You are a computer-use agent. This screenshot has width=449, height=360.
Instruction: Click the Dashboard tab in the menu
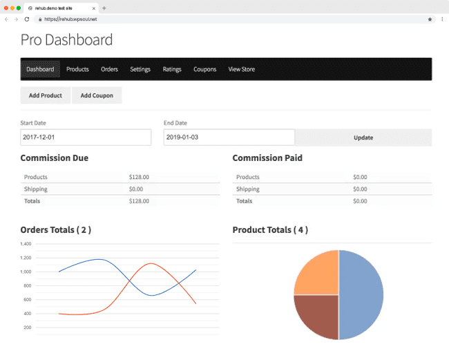tap(40, 69)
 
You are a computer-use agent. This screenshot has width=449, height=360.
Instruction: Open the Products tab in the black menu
tap(77, 69)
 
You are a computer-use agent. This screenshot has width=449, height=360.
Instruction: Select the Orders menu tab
tap(109, 69)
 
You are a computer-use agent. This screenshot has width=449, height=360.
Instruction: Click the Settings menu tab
tap(140, 69)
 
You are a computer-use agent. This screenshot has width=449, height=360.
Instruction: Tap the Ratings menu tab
tap(172, 69)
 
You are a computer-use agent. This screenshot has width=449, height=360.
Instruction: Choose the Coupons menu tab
tap(204, 69)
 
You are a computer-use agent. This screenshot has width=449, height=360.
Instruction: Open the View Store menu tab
tap(242, 69)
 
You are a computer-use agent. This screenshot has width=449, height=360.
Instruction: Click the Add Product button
tap(46, 95)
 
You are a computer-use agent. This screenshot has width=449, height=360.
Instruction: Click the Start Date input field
tap(86, 138)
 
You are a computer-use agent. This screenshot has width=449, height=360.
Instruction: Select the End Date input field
tap(229, 138)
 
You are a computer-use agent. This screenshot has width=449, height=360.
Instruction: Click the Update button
tap(363, 138)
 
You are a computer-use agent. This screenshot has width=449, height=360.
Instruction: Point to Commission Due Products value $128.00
tap(139, 178)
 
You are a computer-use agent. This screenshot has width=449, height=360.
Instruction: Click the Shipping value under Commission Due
tap(136, 189)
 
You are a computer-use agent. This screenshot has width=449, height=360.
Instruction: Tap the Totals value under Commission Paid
tap(360, 201)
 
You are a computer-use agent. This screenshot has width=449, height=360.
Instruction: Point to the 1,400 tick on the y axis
tap(26, 244)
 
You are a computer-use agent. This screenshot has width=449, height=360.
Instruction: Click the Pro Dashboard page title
tap(66, 39)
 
